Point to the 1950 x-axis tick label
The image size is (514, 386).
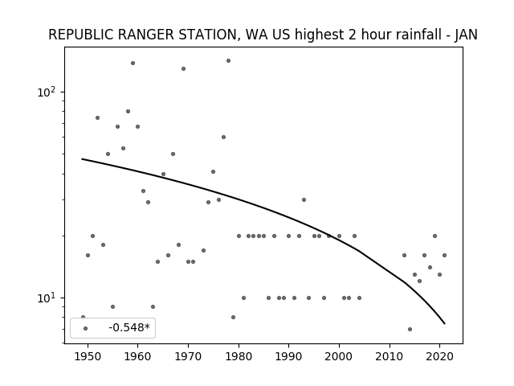88,356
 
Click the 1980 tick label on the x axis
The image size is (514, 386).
239,356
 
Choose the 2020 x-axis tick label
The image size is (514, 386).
440,356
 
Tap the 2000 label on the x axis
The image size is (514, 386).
339,356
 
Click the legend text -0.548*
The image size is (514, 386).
129,327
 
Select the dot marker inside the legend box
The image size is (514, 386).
86,328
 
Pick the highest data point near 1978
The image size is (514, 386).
228,61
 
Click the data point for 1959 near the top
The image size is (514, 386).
133,63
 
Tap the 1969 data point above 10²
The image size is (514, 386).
184,68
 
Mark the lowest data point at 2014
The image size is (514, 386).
410,329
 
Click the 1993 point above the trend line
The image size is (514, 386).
304,200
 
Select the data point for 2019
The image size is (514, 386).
434,236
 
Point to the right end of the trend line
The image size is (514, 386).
445,324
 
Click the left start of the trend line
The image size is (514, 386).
82,159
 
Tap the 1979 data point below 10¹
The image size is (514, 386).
234,317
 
